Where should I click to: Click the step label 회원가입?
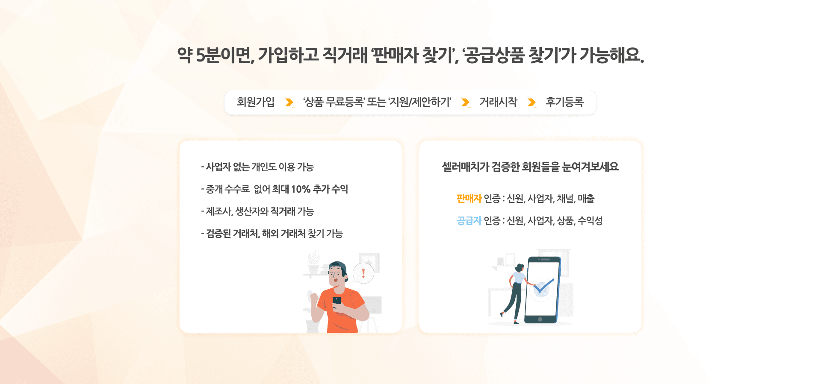coord(256,102)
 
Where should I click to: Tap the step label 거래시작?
coord(498,102)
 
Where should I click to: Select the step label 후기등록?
coord(564,102)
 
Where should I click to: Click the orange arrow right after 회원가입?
coord(289,103)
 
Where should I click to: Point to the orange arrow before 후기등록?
coord(532,103)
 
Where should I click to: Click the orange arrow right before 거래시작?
coord(465,103)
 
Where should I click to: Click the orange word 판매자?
coord(469,199)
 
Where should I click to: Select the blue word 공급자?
coord(469,221)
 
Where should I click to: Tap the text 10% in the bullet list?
coord(301,189)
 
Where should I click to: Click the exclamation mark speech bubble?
coord(363,273)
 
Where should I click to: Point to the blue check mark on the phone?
coord(543,287)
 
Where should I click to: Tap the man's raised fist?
coord(315,299)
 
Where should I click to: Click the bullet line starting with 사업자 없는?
coord(257,167)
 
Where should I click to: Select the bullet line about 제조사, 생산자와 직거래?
coord(257,211)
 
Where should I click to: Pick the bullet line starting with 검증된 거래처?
coord(272,234)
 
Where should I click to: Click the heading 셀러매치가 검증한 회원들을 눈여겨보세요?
coord(530,167)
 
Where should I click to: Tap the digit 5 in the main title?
coord(201,56)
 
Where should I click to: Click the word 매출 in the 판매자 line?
coord(586,199)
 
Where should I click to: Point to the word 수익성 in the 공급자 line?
coord(590,221)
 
